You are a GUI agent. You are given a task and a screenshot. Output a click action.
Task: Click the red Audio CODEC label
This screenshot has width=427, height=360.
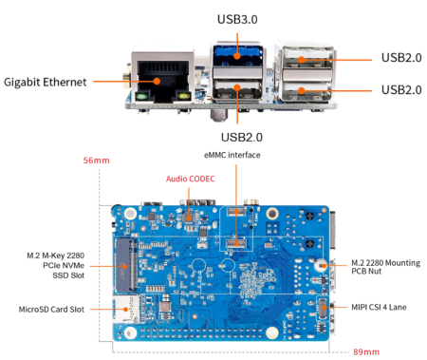[x=190, y=178]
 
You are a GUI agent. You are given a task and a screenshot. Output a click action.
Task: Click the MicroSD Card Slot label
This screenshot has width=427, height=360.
[x=52, y=310]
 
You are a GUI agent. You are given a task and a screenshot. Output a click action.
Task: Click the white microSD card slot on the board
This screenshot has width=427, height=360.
[x=123, y=307]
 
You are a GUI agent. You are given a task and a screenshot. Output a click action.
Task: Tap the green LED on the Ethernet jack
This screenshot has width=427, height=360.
[x=139, y=96]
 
